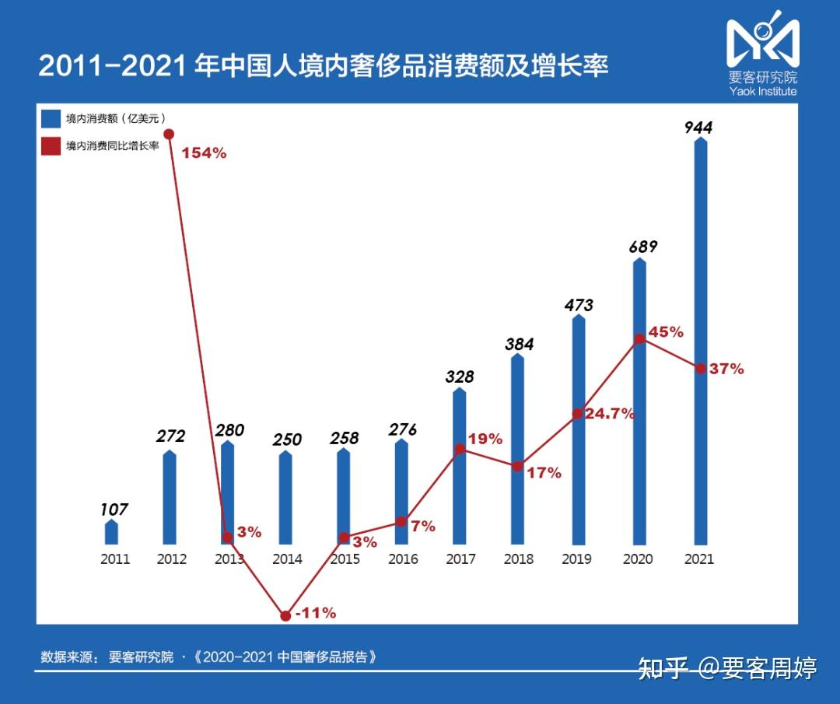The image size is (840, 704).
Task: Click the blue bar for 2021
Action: point(700,342)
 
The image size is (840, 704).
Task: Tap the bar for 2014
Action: point(285,498)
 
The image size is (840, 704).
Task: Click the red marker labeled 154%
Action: point(169,134)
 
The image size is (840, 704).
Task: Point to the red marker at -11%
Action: point(285,615)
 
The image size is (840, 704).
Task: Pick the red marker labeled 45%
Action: point(639,338)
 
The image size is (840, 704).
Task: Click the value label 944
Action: point(698,128)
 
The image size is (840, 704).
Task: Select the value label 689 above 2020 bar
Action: point(642,247)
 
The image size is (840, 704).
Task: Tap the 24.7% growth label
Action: point(610,414)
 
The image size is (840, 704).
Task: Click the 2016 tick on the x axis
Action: point(402,559)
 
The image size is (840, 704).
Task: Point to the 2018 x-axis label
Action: point(518,559)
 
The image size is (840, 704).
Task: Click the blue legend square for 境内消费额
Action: point(51,118)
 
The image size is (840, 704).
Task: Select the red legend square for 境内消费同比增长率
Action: point(51,145)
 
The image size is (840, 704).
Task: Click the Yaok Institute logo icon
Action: point(762,40)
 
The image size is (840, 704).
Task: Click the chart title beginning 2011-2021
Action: point(323,66)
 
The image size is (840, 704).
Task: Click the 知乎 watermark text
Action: point(663,667)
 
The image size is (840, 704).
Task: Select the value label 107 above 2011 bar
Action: point(114,510)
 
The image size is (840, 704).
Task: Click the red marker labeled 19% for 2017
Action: point(460,449)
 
